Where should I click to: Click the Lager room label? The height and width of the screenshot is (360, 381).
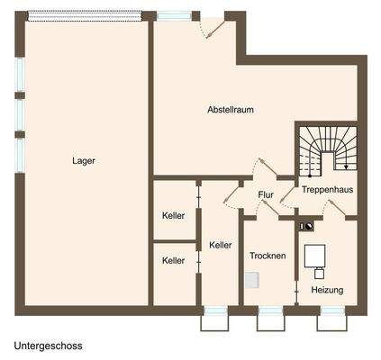[x=84, y=161]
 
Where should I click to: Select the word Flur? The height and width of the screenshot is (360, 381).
[x=266, y=194]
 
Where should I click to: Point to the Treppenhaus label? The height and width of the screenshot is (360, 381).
[x=327, y=191]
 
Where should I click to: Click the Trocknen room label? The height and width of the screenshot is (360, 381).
[x=268, y=256]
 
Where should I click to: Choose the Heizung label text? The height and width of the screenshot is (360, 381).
[x=327, y=290]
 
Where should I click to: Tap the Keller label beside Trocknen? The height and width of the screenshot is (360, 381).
[x=221, y=245]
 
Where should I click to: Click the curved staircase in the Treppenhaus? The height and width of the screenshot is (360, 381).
[x=327, y=148]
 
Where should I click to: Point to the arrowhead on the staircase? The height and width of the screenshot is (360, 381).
[x=345, y=166]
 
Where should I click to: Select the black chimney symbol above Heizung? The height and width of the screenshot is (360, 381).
[x=308, y=226]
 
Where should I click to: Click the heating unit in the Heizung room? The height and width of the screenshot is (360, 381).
[x=315, y=257]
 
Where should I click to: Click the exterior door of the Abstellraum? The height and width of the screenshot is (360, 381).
[x=213, y=27]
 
